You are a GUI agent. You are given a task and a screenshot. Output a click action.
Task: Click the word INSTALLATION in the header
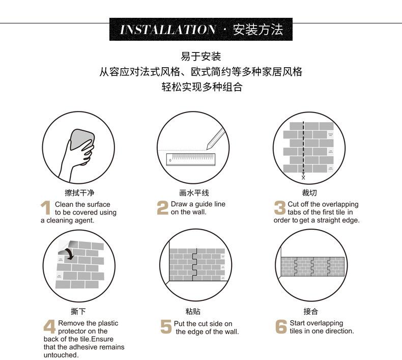click(x=167, y=30)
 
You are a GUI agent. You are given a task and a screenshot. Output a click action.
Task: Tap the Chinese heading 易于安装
click(x=201, y=56)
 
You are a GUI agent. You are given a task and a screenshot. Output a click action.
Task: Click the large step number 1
click(x=46, y=208)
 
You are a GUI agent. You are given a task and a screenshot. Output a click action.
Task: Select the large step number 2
click(x=162, y=208)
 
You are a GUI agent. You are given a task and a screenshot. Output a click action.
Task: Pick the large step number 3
click(x=280, y=208)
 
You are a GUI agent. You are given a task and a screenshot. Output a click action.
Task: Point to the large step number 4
click(x=49, y=327)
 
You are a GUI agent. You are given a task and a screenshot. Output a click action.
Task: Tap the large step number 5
click(x=166, y=327)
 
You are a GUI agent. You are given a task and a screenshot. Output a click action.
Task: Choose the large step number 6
click(x=281, y=327)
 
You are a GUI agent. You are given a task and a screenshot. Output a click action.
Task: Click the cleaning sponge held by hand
click(x=82, y=139)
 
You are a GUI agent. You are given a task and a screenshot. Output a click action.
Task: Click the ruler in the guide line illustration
click(x=191, y=158)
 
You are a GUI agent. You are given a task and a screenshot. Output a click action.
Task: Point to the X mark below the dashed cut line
click(x=303, y=177)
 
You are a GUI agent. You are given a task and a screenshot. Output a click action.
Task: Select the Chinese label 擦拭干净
click(x=79, y=193)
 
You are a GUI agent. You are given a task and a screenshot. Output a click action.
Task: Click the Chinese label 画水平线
click(x=194, y=193)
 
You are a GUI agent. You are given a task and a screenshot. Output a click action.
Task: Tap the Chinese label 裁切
click(x=309, y=193)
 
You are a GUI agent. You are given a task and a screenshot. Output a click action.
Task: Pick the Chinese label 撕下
click(x=78, y=312)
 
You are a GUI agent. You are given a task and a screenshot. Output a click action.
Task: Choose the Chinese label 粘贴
click(x=193, y=312)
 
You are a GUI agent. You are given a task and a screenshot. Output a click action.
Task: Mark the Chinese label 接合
click(x=310, y=312)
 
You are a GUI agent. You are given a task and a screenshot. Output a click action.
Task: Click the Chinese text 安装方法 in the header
click(x=257, y=30)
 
